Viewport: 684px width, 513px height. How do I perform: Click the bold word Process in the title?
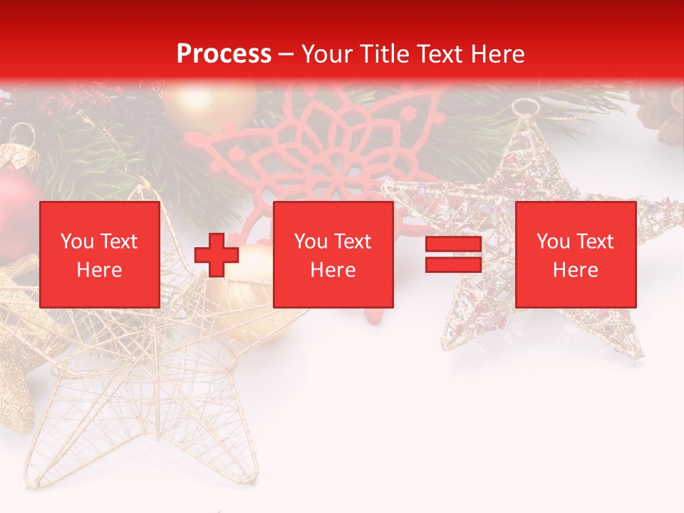[224, 54]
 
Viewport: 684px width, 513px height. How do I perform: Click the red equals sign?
[453, 254]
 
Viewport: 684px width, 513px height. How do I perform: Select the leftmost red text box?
[99, 254]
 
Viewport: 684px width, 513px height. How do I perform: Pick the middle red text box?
[333, 254]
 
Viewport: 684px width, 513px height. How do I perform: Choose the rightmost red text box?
[575, 254]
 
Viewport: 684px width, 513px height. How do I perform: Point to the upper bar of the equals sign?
[453, 244]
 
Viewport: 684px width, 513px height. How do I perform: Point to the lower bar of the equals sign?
[453, 264]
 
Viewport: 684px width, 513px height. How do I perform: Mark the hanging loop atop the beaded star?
[525, 108]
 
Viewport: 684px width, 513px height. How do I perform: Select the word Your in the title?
[325, 54]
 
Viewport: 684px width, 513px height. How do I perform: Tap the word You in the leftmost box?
[76, 242]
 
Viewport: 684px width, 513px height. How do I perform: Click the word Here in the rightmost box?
[575, 270]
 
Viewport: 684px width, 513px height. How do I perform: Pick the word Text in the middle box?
[352, 242]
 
